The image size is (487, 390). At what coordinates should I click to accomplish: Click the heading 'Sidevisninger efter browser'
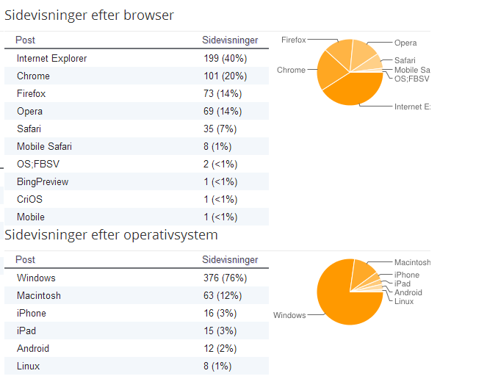tap(89, 15)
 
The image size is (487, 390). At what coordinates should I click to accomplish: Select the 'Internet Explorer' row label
tap(52, 58)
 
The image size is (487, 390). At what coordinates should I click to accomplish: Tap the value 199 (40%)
tap(226, 58)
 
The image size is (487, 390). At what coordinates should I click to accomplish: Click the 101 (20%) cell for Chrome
tap(226, 76)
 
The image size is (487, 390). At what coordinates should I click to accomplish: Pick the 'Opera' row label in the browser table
tap(29, 112)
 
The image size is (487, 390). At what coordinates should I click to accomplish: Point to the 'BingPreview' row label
tap(43, 182)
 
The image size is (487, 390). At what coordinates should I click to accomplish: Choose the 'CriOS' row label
tap(29, 199)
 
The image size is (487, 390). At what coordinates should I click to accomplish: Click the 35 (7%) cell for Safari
tap(220, 129)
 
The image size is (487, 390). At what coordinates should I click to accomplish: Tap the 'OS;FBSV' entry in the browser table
tap(38, 165)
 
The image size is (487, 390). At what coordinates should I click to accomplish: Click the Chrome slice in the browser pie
tap(331, 71)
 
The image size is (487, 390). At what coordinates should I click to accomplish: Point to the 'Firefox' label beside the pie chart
tap(294, 40)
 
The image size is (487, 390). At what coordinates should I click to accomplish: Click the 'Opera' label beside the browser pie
tap(405, 43)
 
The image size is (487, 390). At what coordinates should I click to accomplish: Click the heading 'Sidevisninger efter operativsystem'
tap(111, 235)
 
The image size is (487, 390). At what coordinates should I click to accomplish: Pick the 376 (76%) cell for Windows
tap(226, 278)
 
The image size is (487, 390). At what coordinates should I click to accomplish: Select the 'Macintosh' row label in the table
tap(39, 295)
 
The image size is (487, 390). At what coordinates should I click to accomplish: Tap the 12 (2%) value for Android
tap(220, 349)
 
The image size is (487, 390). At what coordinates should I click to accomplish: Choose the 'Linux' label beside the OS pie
tap(404, 302)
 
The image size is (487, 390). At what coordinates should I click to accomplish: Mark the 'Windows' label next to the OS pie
tap(289, 316)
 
